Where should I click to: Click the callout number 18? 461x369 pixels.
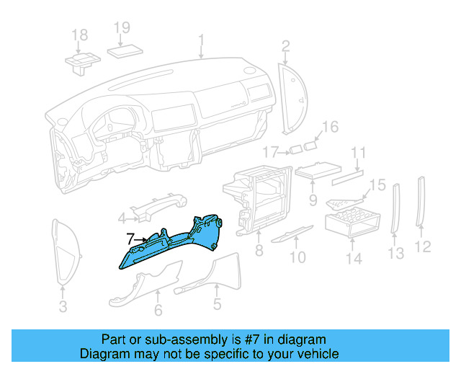coord(79,35)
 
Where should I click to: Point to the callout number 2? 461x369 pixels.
coord(285,48)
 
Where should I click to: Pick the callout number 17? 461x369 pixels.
coord(270,152)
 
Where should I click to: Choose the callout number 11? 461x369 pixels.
coord(358,152)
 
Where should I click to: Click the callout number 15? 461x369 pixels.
coord(378,185)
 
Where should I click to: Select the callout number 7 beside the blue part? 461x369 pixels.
coord(130,238)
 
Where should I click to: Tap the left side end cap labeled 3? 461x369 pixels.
coord(63,252)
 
